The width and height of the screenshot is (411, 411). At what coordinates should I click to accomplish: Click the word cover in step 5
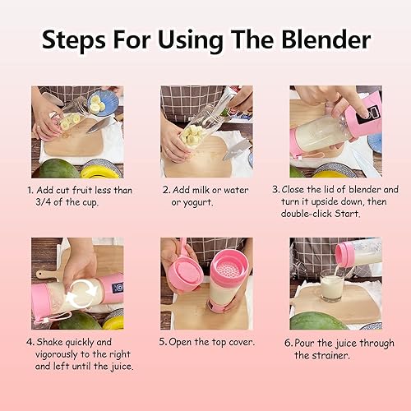239,341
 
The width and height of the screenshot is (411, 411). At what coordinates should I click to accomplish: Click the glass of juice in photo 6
332,288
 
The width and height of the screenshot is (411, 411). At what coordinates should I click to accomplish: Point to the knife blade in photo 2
236,149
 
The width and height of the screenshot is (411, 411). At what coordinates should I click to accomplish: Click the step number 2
164,189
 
